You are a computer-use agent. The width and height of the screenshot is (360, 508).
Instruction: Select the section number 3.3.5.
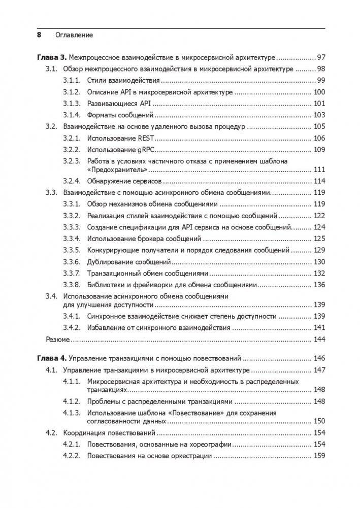pyautogui.click(x=72, y=250)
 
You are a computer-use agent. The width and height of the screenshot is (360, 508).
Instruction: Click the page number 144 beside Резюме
pyautogui.click(x=319, y=339)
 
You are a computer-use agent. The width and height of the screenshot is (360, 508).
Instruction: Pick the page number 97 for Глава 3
pyautogui.click(x=321, y=57)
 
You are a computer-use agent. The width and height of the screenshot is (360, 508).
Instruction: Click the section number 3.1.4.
pyautogui.click(x=72, y=115)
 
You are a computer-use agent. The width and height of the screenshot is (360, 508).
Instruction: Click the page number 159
pyautogui.click(x=319, y=456)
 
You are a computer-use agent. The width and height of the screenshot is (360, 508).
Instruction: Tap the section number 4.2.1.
pyautogui.click(x=72, y=444)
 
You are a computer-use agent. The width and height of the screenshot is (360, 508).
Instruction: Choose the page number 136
pyautogui.click(x=319, y=284)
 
